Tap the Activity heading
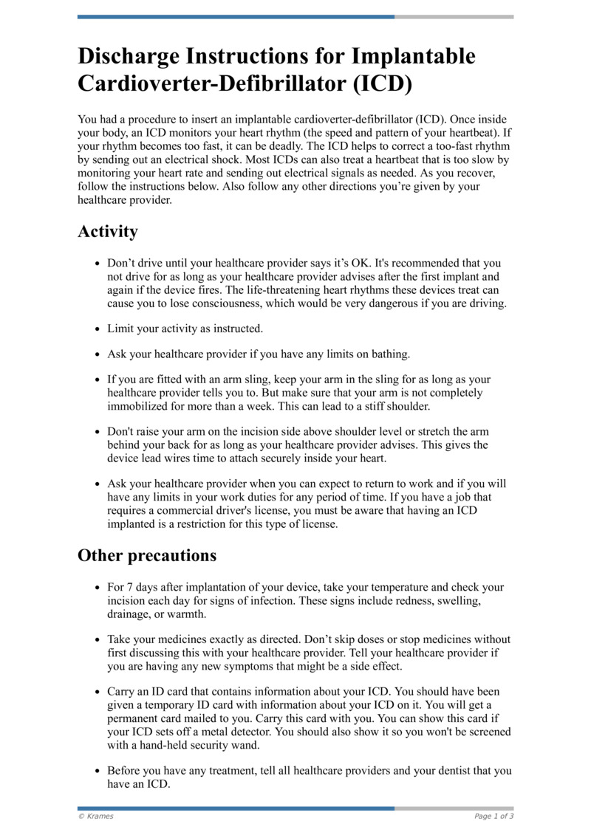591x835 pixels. coord(108,231)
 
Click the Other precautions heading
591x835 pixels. coord(147,555)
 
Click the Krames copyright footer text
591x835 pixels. coord(96,816)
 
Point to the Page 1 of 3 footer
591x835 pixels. coord(493,816)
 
